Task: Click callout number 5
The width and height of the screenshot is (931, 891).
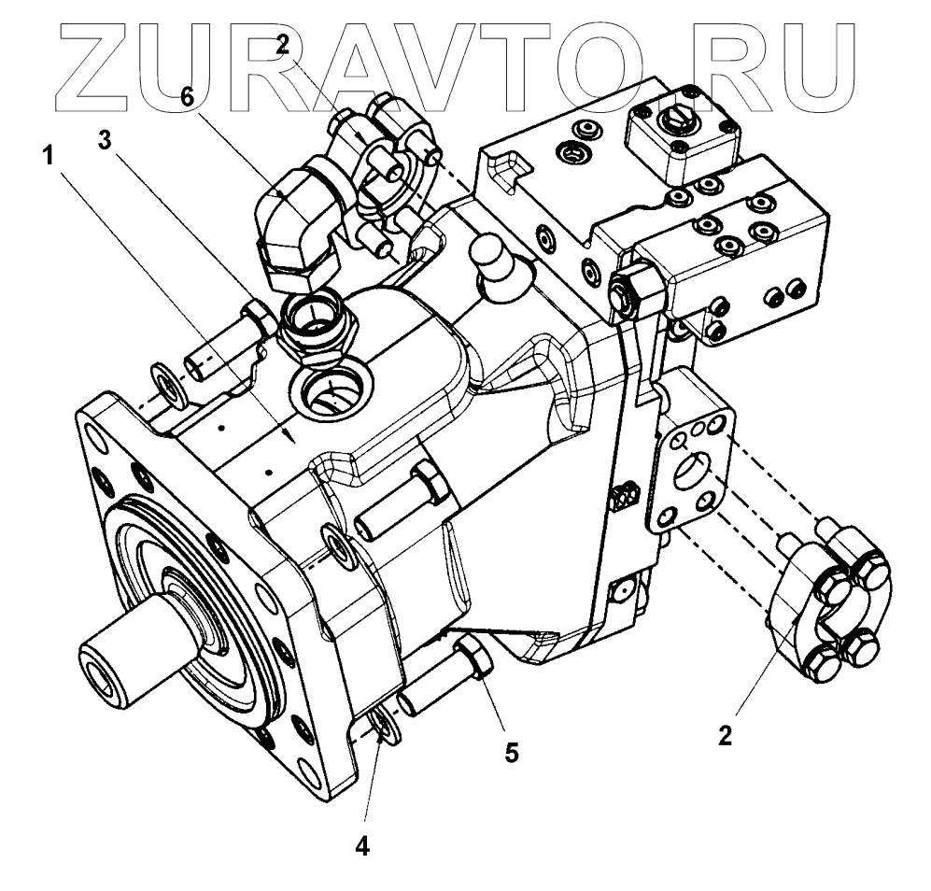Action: pyautogui.click(x=510, y=750)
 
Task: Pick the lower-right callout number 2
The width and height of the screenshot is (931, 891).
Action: pyautogui.click(x=726, y=733)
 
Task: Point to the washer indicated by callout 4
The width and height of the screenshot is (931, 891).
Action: pyautogui.click(x=382, y=725)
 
